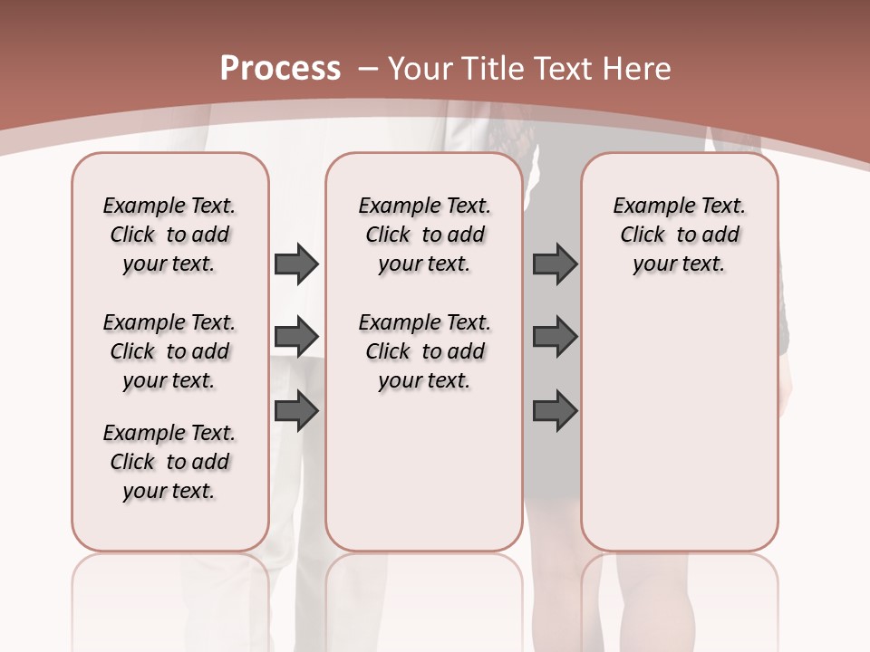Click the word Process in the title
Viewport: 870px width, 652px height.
click(x=280, y=69)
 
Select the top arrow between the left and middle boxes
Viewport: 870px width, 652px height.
click(x=296, y=264)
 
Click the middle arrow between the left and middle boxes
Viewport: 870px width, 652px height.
click(x=296, y=337)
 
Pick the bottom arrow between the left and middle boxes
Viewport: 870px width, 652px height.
click(x=296, y=410)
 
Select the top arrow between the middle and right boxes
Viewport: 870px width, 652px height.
click(x=555, y=264)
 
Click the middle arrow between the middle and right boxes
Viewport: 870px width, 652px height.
click(x=555, y=337)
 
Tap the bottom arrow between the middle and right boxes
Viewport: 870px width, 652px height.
click(x=555, y=410)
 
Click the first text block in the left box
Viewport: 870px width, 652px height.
click(x=169, y=235)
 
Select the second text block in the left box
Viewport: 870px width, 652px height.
click(x=169, y=351)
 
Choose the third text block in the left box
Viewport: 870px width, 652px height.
click(x=169, y=462)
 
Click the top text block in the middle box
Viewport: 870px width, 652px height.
click(x=424, y=235)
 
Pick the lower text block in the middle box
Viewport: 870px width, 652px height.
click(x=424, y=351)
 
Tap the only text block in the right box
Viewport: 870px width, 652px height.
click(x=679, y=235)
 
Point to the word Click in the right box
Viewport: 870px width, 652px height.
click(x=643, y=235)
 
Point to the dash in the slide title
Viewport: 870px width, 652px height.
click(x=369, y=69)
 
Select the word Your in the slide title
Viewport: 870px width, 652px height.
click(x=419, y=69)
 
